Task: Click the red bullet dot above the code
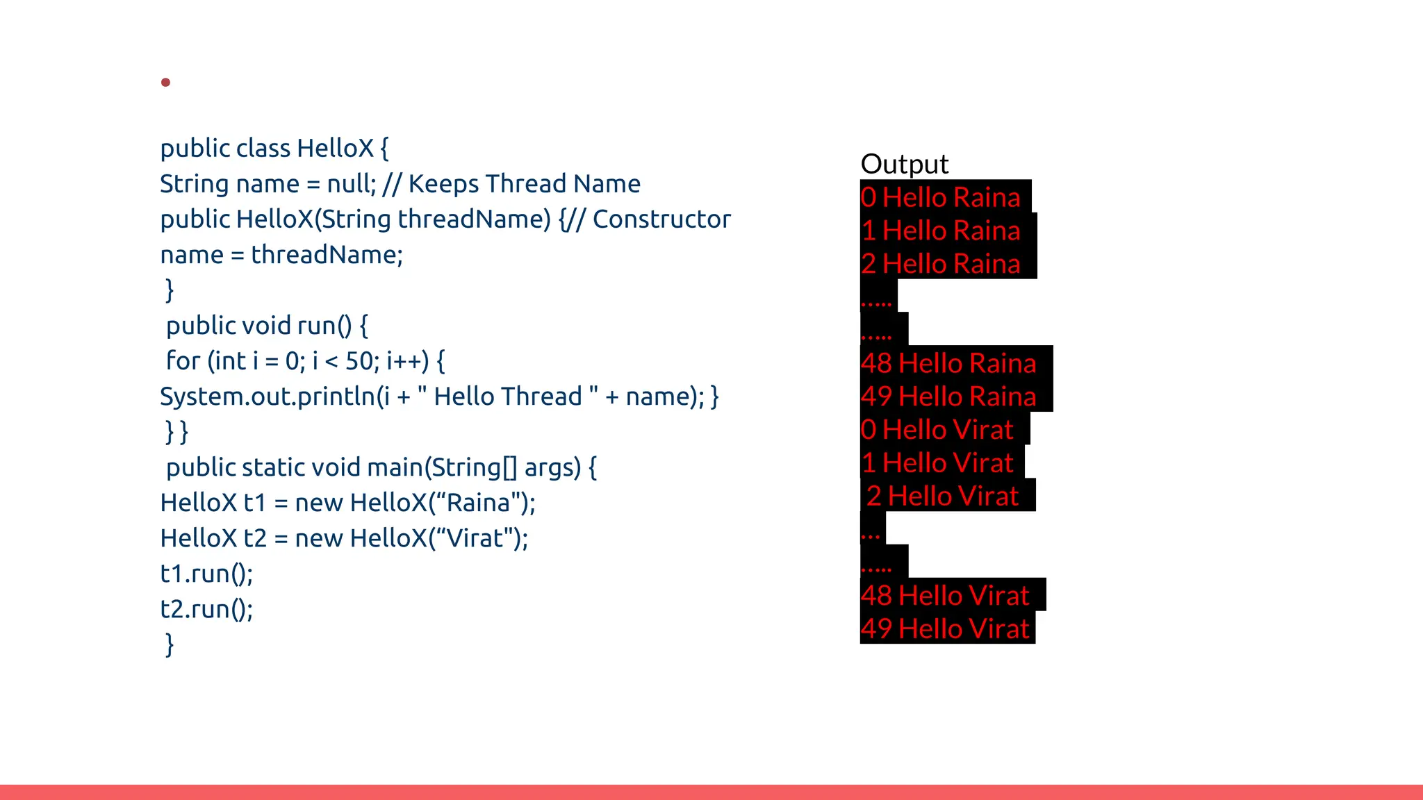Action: click(x=165, y=83)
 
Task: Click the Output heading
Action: click(x=904, y=165)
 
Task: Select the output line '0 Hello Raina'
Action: click(x=940, y=197)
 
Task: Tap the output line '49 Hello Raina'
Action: click(x=948, y=397)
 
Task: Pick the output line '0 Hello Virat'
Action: click(x=937, y=430)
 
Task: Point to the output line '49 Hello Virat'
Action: click(x=945, y=629)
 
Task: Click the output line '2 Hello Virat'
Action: click(x=942, y=497)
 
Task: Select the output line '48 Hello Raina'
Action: click(x=948, y=363)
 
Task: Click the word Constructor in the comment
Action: click(x=661, y=219)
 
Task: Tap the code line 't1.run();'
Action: click(x=206, y=574)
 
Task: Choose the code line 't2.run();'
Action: click(x=206, y=609)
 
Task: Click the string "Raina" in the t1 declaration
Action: click(x=478, y=503)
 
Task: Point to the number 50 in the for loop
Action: click(x=359, y=361)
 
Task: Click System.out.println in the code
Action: click(x=268, y=397)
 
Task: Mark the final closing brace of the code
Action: click(x=169, y=644)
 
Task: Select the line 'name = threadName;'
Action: click(x=281, y=255)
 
